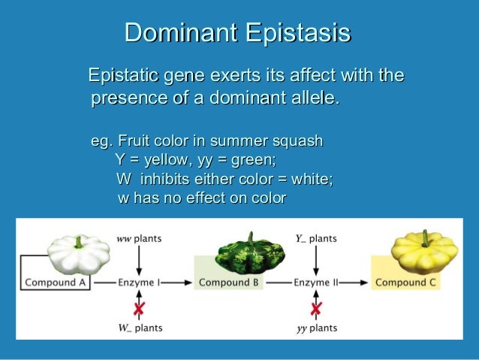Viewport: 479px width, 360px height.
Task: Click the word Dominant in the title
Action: pos(173,33)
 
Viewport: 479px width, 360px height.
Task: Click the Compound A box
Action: pos(56,283)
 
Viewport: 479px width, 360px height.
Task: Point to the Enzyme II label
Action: pos(315,283)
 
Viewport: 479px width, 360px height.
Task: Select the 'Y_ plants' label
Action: pos(315,238)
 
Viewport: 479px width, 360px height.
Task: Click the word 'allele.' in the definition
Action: pos(312,98)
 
